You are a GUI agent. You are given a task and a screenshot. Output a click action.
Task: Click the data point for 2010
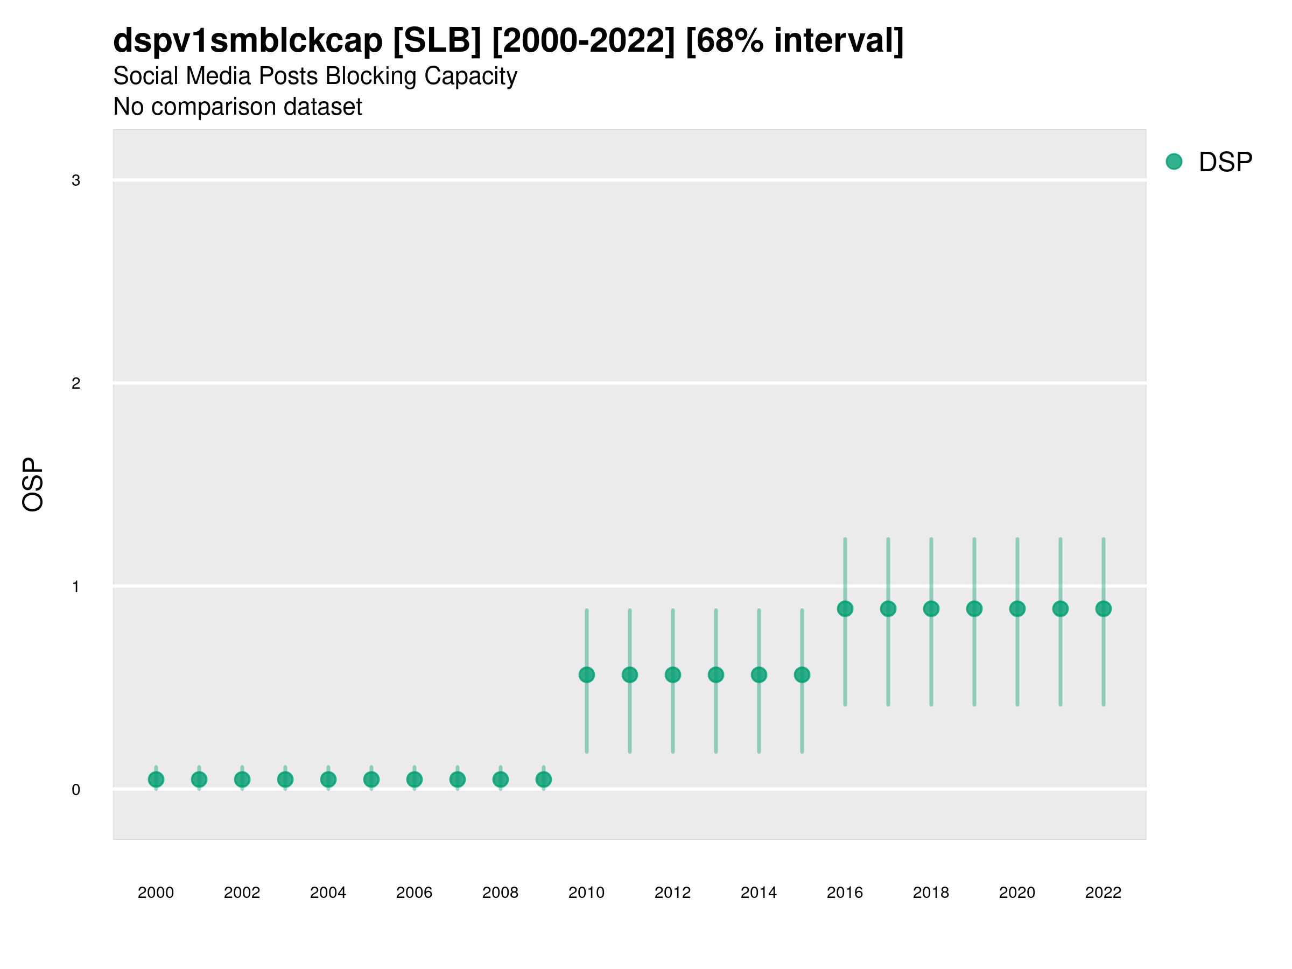click(x=586, y=675)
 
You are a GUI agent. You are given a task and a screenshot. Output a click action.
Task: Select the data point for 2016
click(x=845, y=609)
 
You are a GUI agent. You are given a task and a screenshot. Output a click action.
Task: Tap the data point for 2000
click(x=156, y=779)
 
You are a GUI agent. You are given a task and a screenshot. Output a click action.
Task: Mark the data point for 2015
click(x=802, y=675)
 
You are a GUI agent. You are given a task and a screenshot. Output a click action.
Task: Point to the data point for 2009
click(x=543, y=779)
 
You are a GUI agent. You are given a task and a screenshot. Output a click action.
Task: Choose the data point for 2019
click(x=974, y=609)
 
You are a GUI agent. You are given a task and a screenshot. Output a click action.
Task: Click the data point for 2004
click(x=328, y=779)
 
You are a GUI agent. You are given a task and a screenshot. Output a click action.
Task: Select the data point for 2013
click(x=715, y=675)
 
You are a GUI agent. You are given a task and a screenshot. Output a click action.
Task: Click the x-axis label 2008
click(x=500, y=893)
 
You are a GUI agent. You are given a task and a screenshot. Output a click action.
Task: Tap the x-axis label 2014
click(x=759, y=893)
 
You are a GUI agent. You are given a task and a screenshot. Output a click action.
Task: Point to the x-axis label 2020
click(x=1017, y=893)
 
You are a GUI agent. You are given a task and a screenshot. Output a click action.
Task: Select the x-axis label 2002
click(x=242, y=893)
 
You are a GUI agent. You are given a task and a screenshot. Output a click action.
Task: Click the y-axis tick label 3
click(x=76, y=180)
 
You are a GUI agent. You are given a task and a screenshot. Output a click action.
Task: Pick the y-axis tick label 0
click(x=76, y=790)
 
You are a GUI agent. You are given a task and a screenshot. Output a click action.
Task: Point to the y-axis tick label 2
click(x=76, y=383)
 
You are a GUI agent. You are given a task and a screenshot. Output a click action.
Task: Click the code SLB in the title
click(x=438, y=41)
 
